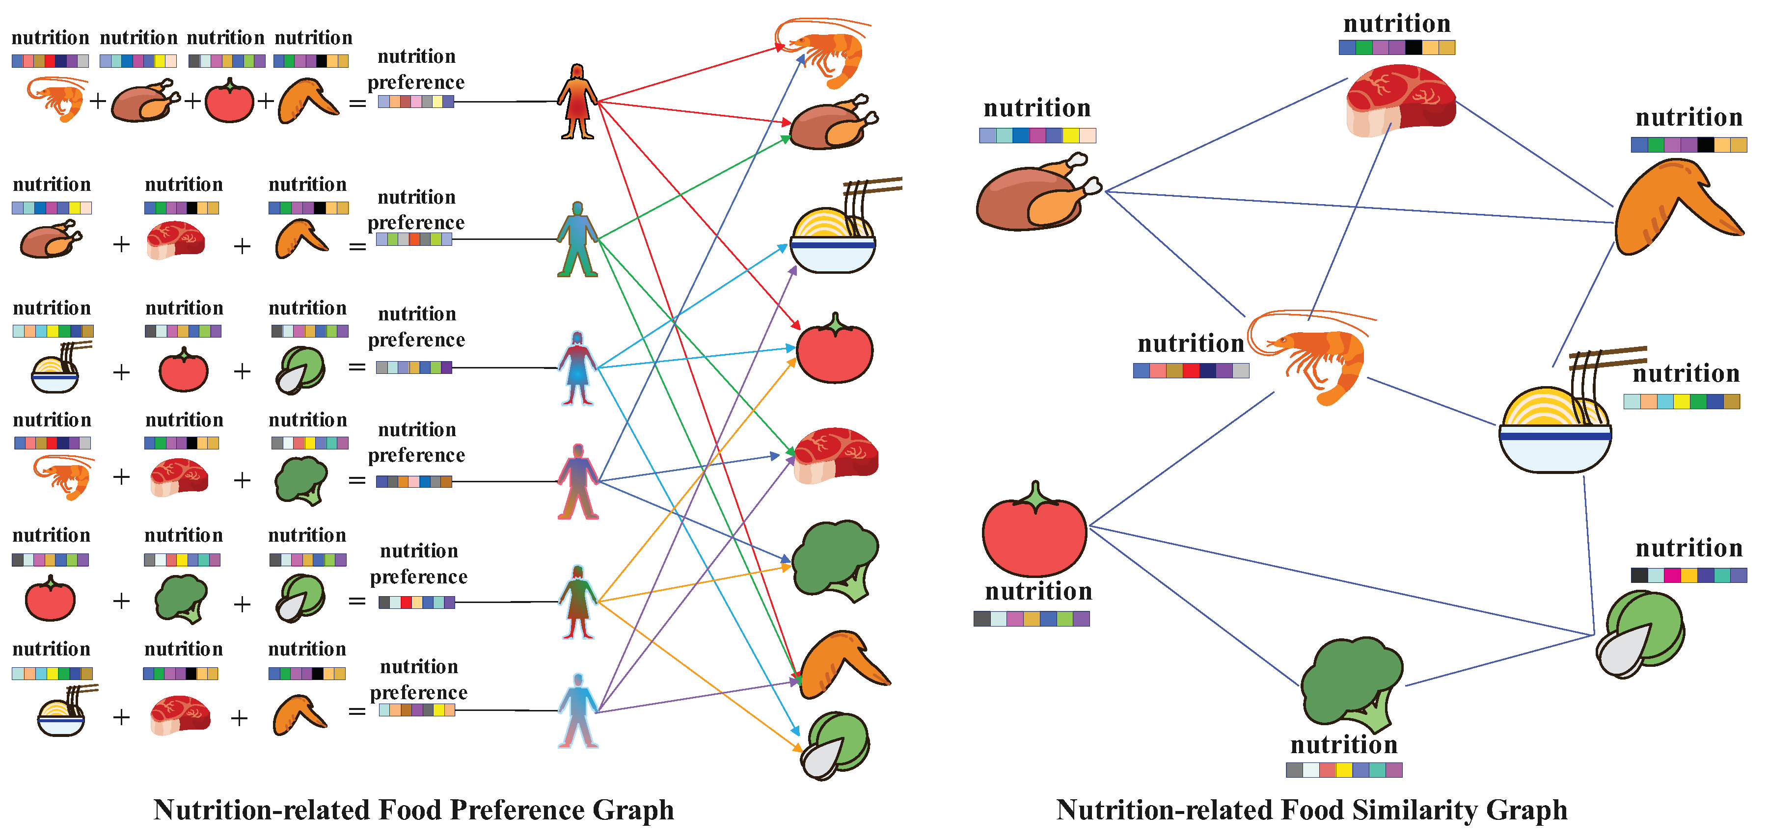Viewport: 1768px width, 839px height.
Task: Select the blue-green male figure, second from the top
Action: (x=577, y=239)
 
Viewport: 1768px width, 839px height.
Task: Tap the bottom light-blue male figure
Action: (x=578, y=711)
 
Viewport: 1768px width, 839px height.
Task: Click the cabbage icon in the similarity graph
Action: (x=1641, y=634)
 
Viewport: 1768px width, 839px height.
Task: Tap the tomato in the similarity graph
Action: (x=1034, y=532)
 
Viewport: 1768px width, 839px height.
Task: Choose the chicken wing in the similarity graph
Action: (x=1675, y=206)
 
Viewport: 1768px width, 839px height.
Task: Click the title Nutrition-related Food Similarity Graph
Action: (x=1311, y=810)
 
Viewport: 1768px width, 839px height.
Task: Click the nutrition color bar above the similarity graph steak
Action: (x=1397, y=47)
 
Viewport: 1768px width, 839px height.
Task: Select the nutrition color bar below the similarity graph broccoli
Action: (x=1344, y=770)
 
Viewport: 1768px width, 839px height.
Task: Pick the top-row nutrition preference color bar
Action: (x=416, y=102)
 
